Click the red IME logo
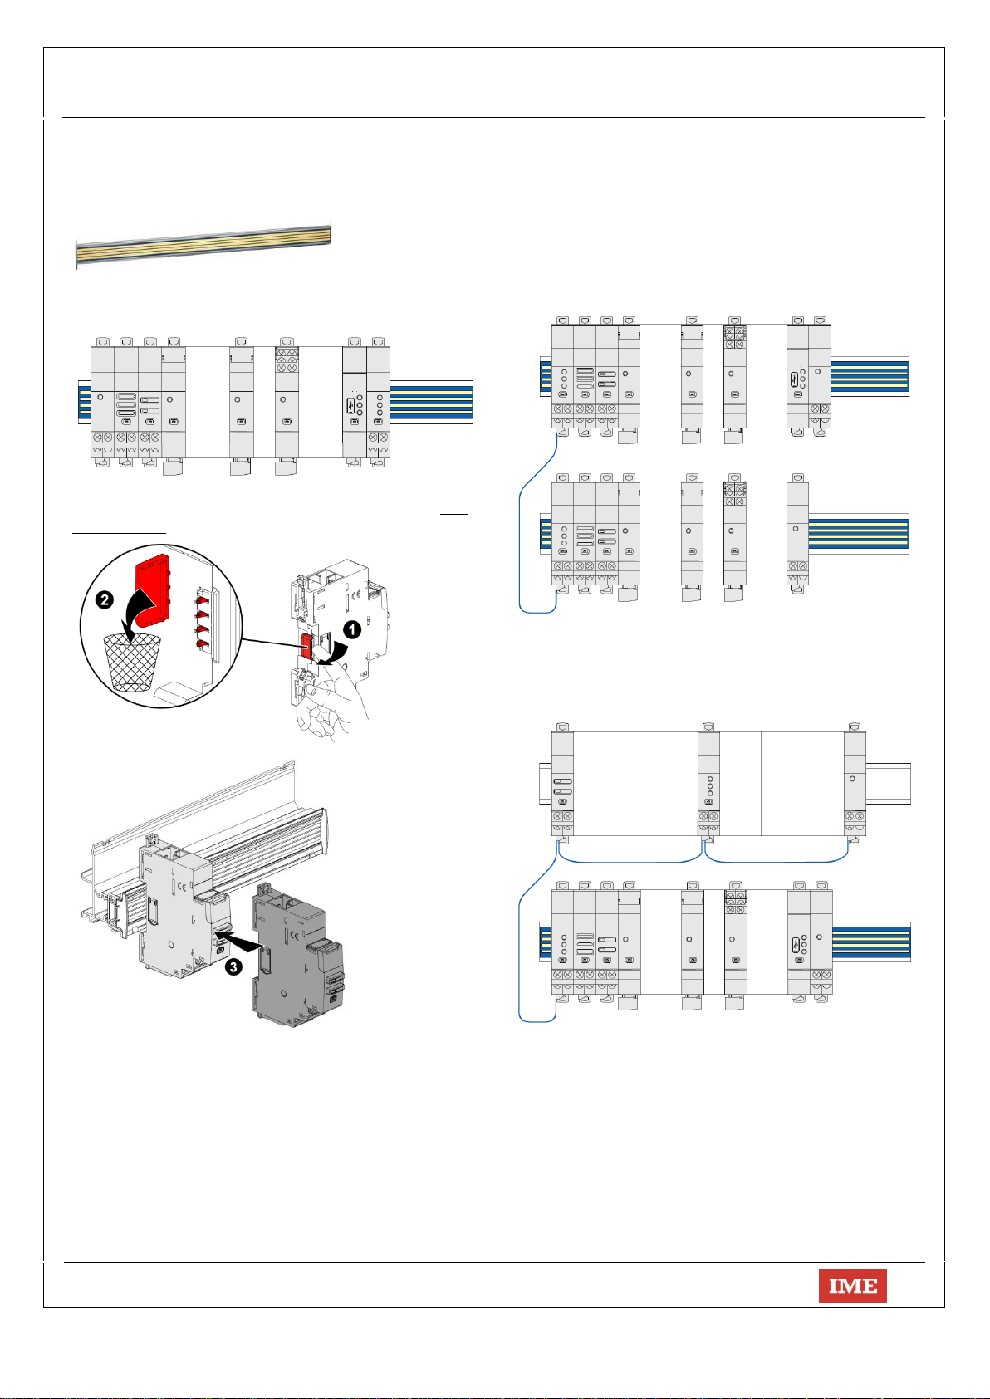click(x=853, y=1285)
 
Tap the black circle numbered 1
click(x=352, y=629)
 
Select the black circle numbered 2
click(x=105, y=600)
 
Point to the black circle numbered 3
click(x=233, y=966)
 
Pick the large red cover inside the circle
click(x=152, y=589)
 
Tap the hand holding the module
click(x=331, y=699)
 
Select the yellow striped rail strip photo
click(x=203, y=246)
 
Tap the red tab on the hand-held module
click(x=307, y=647)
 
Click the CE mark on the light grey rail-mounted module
click(x=182, y=886)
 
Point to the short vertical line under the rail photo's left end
click(x=76, y=267)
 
